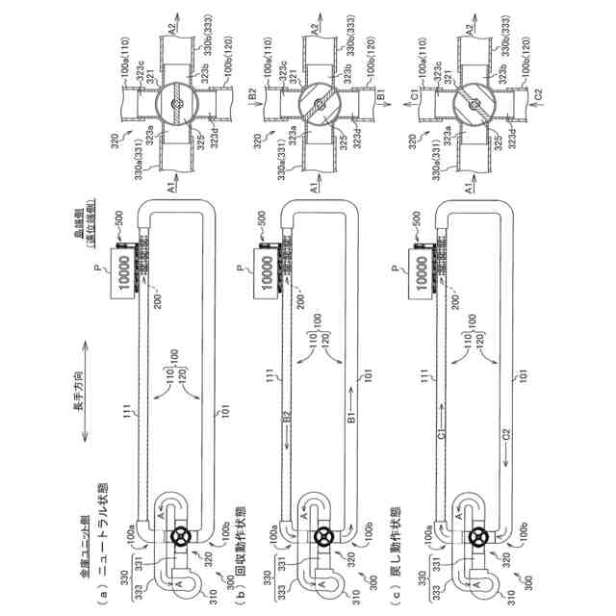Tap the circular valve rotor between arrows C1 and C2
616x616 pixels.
coord(475,104)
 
